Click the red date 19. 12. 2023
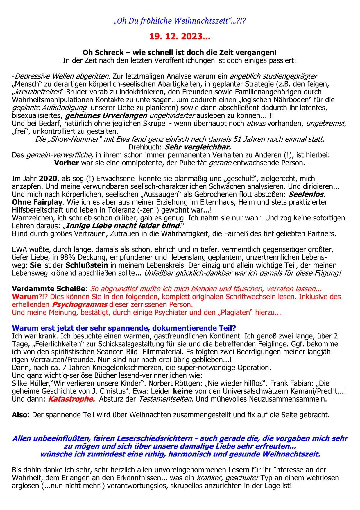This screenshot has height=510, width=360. coord(179,37)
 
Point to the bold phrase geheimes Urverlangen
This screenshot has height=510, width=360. coord(106,115)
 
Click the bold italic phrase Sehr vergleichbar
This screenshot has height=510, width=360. coord(198,147)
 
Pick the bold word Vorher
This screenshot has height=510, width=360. coord(67,163)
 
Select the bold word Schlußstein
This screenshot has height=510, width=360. coord(87,265)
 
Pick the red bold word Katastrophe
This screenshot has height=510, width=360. coord(71,399)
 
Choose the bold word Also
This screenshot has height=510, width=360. coord(19,415)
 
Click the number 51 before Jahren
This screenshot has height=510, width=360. coord(238,139)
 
